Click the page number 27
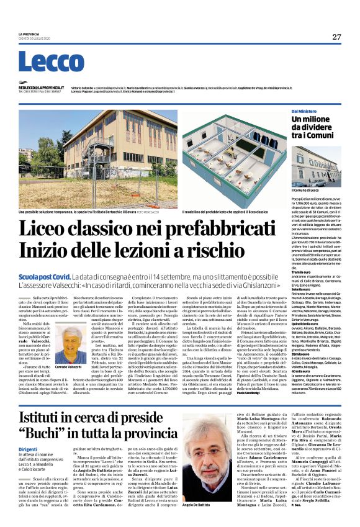(336, 37)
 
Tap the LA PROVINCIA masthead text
(29, 34)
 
